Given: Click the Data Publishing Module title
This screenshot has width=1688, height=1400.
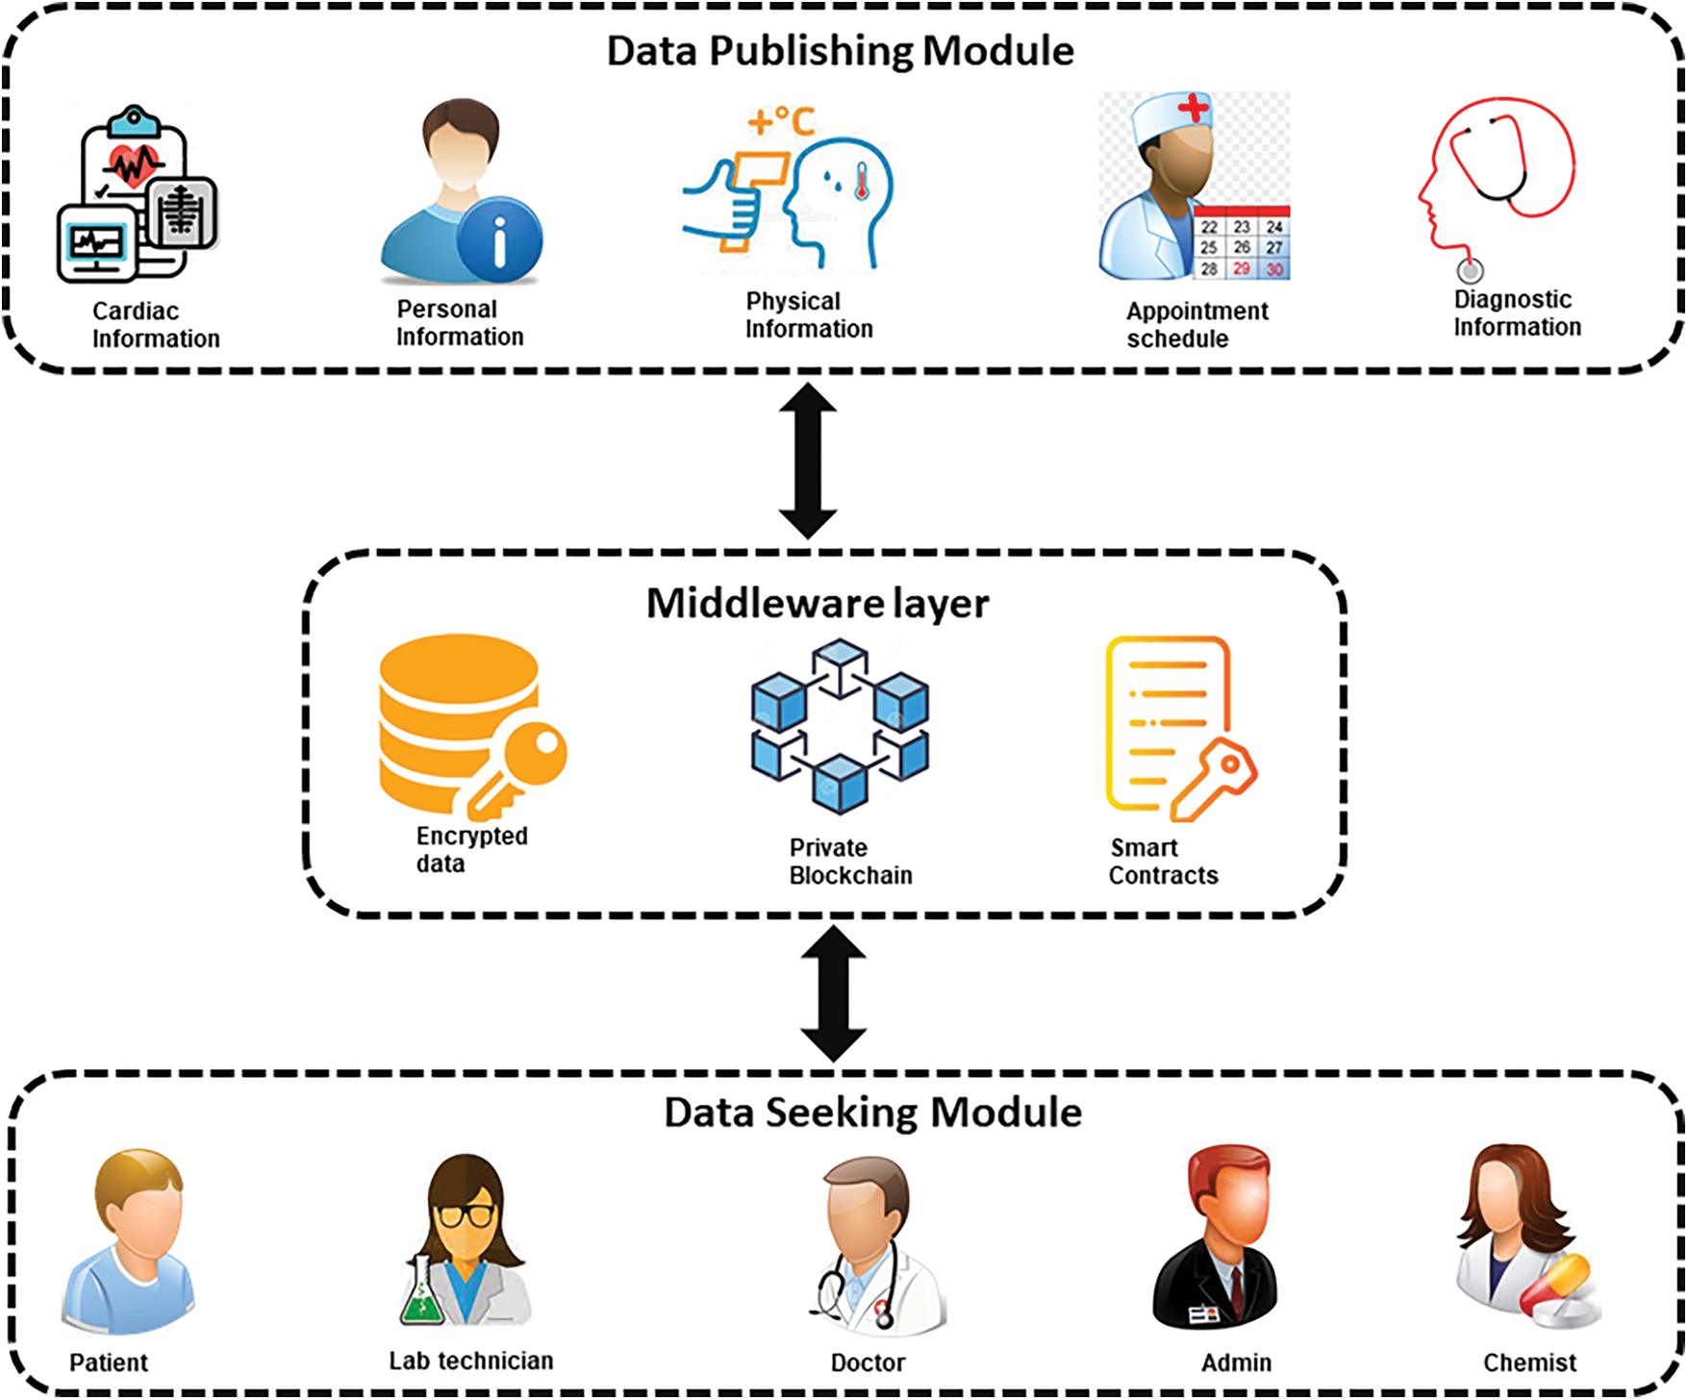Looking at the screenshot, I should (840, 51).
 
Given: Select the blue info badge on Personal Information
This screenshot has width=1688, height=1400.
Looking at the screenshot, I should (499, 240).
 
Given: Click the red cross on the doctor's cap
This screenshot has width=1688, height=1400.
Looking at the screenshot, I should (1194, 107).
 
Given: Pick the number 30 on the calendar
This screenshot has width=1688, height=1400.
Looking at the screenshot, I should (1274, 269).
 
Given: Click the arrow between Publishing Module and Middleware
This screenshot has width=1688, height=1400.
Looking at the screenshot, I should (807, 461).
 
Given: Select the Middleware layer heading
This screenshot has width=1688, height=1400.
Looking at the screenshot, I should (817, 604).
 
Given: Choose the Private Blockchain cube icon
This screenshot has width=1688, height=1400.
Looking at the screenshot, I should (840, 726).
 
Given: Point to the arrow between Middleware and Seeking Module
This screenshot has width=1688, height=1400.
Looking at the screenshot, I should (834, 993).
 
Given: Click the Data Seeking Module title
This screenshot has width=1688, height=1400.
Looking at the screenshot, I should (872, 1112).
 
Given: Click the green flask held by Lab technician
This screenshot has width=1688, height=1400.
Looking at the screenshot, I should (421, 1294).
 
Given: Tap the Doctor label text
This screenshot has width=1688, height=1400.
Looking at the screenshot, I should (868, 1362).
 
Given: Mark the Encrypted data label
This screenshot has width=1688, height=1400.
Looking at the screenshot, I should (471, 849).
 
